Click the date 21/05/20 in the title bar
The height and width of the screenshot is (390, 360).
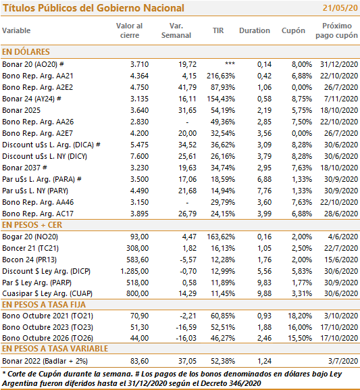point(340,8)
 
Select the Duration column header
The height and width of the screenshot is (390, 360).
point(255,30)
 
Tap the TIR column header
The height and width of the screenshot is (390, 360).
point(218,30)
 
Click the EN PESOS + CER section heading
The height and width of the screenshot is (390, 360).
point(32,225)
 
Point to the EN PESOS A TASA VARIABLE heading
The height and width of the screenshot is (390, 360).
point(55,349)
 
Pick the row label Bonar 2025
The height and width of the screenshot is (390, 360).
point(22,110)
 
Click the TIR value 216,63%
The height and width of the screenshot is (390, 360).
point(221,76)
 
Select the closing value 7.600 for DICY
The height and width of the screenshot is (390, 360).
point(140,156)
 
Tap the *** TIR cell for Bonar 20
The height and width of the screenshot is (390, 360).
point(230,64)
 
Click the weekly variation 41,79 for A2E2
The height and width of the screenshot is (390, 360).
point(188,87)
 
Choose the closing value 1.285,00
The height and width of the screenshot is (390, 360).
point(134,271)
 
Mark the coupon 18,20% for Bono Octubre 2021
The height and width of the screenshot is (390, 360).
point(300,316)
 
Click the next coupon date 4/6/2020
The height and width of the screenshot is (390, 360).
point(343,237)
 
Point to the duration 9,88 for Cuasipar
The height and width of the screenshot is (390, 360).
point(264,293)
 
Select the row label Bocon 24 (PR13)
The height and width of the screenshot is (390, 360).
point(29,260)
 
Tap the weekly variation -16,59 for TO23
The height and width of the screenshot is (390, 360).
point(186,327)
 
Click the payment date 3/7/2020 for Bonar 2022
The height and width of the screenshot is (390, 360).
point(343,361)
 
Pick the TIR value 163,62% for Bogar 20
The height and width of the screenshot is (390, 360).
point(221,237)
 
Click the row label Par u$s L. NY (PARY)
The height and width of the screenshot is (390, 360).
point(35,191)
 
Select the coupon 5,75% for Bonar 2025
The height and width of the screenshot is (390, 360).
point(302,110)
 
